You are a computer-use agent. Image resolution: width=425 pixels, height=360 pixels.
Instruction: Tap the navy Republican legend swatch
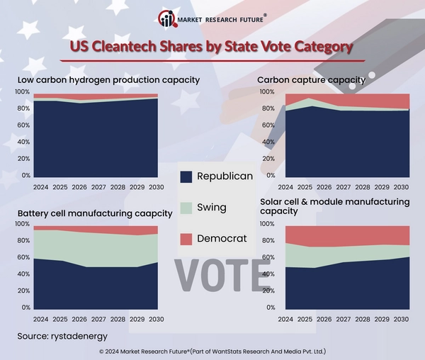pos(186,177)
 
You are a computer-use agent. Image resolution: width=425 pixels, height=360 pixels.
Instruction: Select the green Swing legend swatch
pos(186,208)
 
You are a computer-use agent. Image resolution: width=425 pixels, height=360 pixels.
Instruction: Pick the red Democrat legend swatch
pos(186,239)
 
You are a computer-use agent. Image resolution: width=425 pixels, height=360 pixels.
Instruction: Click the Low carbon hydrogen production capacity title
pos(108,80)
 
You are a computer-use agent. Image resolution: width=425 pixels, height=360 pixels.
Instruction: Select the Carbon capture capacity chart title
pos(311,80)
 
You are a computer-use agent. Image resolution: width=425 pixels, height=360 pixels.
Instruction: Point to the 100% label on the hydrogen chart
pos(22,92)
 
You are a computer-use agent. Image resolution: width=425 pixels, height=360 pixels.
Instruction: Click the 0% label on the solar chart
pos(270,308)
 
